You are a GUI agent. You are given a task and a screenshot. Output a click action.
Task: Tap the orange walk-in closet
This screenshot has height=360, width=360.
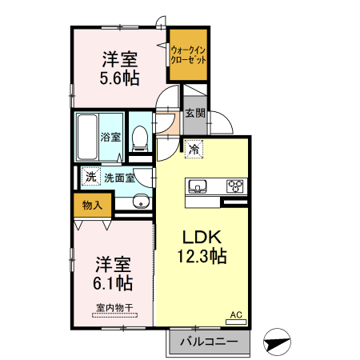(x=189, y=54)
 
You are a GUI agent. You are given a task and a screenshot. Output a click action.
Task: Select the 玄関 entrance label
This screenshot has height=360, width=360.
(x=195, y=113)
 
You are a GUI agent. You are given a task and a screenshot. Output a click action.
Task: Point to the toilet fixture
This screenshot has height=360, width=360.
(x=140, y=138)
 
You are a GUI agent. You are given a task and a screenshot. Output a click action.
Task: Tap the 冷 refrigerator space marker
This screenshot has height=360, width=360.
(x=194, y=148)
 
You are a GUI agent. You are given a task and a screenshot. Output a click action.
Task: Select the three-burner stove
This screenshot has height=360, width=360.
(x=236, y=186)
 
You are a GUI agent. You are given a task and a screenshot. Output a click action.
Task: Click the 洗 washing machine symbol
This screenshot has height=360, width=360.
(x=90, y=177)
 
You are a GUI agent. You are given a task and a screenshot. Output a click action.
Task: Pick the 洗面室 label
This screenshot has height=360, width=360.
(x=118, y=177)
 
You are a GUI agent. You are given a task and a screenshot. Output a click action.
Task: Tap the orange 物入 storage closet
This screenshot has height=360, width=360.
(x=92, y=205)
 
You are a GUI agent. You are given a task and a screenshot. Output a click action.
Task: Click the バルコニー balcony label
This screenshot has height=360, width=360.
(x=208, y=342)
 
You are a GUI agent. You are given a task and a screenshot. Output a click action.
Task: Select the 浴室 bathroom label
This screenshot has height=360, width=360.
(x=110, y=137)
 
